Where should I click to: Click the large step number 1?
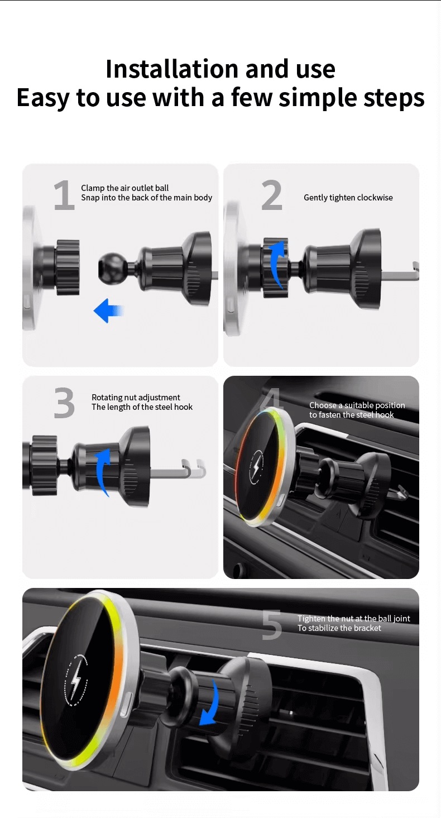click(65, 195)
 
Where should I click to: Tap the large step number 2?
click(272, 195)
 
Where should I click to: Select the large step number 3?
click(64, 403)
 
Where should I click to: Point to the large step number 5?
click(272, 625)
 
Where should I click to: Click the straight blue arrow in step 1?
click(108, 311)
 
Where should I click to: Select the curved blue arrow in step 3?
click(103, 471)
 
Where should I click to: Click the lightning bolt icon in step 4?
click(257, 467)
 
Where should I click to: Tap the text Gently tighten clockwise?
click(348, 198)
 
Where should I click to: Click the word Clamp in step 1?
click(93, 188)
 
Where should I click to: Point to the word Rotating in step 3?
click(107, 398)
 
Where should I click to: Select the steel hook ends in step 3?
click(194, 468)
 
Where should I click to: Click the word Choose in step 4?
click(323, 405)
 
